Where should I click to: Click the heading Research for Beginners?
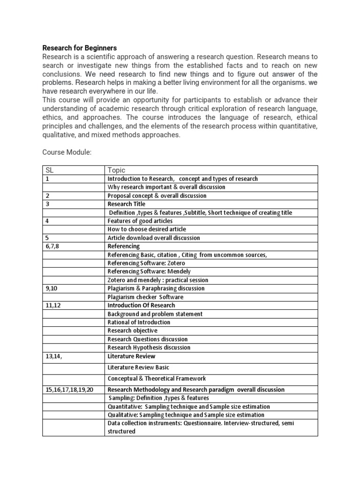click(80, 48)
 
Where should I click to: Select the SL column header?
click(50, 170)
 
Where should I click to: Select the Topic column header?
click(117, 170)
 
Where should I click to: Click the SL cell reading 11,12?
click(52, 305)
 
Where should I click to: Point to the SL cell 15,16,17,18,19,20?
click(69, 390)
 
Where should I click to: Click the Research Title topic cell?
click(127, 204)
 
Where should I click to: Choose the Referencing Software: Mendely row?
click(149, 271)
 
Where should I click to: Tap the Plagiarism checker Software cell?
click(145, 297)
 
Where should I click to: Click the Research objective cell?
click(133, 330)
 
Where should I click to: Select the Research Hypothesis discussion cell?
click(149, 347)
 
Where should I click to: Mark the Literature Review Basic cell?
click(138, 367)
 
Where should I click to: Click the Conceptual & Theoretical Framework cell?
click(157, 378)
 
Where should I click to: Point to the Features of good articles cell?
click(140, 221)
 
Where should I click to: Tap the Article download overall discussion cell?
click(154, 238)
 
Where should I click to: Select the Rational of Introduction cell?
click(139, 322)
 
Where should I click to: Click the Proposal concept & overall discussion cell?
click(157, 195)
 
